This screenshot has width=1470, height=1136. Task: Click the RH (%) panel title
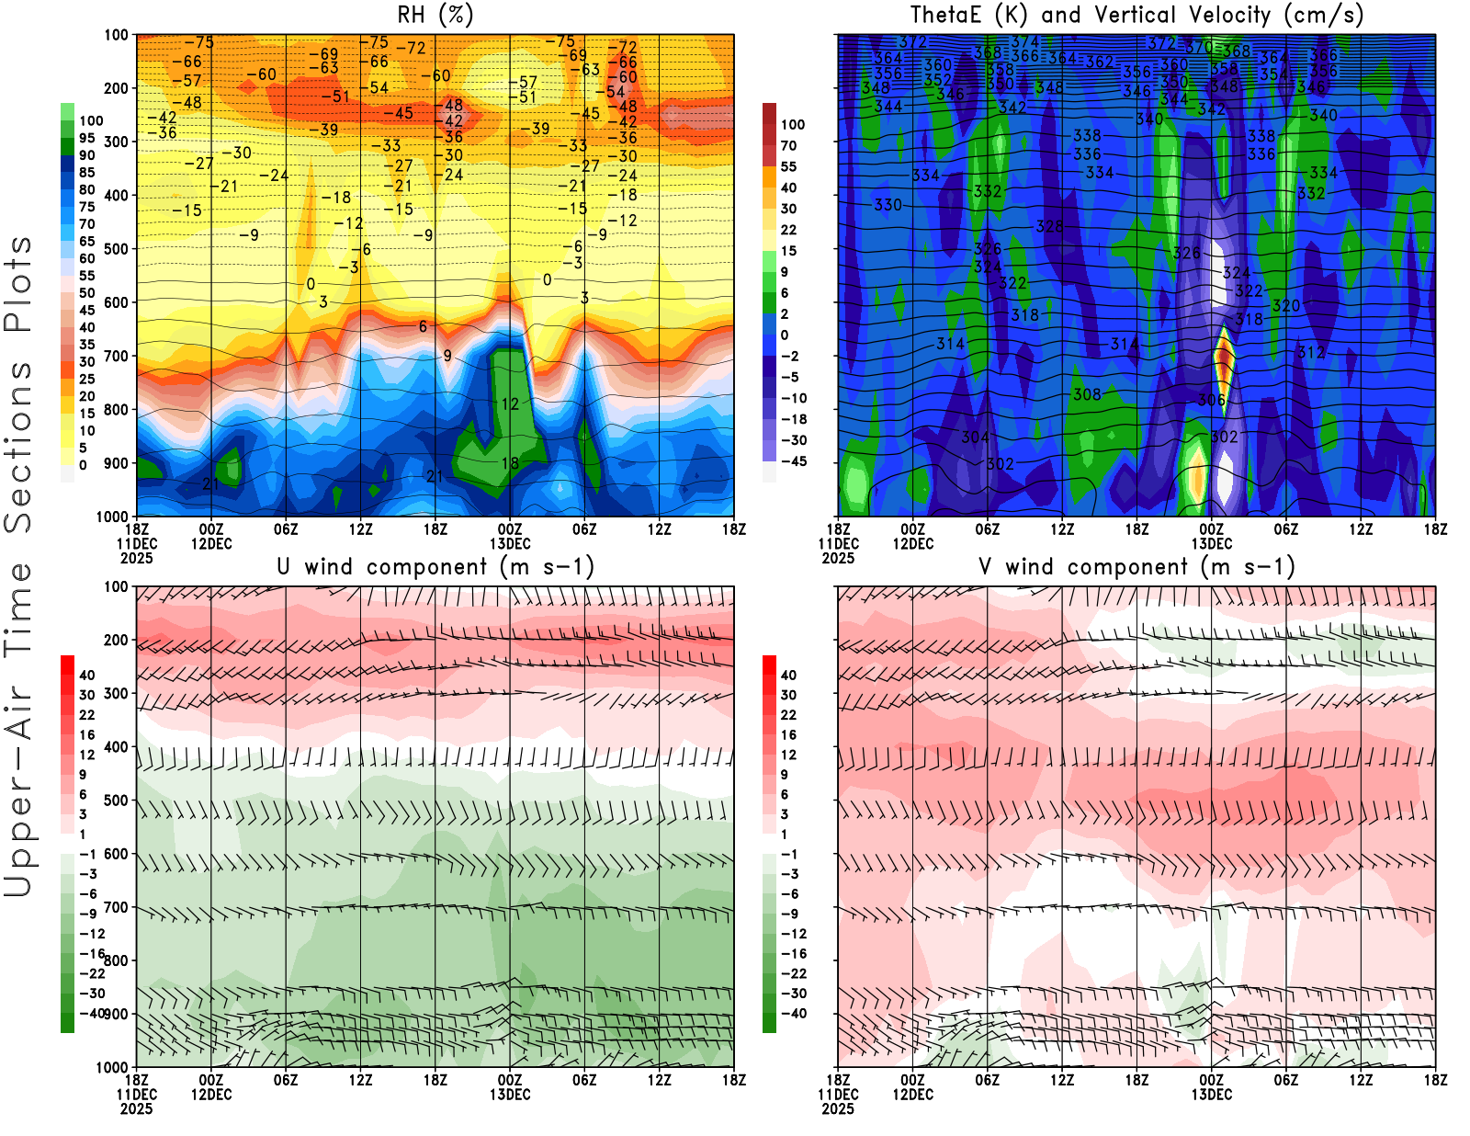point(435,15)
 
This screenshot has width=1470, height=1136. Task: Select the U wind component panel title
point(435,566)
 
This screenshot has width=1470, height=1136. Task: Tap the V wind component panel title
point(1136,566)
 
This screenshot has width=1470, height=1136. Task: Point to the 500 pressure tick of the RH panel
point(116,248)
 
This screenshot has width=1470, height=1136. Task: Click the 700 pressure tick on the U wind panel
point(116,907)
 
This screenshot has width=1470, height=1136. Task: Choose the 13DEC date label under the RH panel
point(510,543)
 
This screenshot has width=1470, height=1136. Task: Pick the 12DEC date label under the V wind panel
point(912,1095)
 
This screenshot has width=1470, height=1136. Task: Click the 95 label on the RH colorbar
point(86,138)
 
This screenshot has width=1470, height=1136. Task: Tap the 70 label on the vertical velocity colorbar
point(788,145)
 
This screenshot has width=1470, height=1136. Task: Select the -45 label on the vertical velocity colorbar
point(793,461)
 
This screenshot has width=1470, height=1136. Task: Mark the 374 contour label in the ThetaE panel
point(1023,42)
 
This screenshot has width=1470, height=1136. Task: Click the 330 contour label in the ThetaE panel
point(888,205)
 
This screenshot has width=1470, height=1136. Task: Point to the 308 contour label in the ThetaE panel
point(1087,394)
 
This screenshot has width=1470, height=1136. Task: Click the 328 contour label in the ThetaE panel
point(1049,226)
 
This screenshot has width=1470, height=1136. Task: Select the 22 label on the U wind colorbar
point(86,715)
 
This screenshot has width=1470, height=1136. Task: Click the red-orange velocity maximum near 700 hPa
point(1224,358)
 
